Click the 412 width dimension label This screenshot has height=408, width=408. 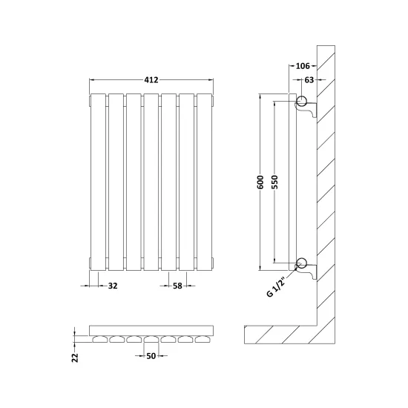[x=151, y=79]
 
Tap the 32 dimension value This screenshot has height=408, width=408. [x=113, y=286]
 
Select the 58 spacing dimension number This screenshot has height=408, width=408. [x=177, y=286]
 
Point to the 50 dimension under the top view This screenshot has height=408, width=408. [x=151, y=355]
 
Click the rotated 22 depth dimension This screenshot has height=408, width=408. [x=75, y=358]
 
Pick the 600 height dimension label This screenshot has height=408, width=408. [x=260, y=182]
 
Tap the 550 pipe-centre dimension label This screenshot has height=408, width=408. [x=274, y=182]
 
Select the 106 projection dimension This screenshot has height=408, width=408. [x=303, y=66]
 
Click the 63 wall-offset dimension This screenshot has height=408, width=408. [x=309, y=80]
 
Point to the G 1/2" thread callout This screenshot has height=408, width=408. [x=277, y=286]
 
